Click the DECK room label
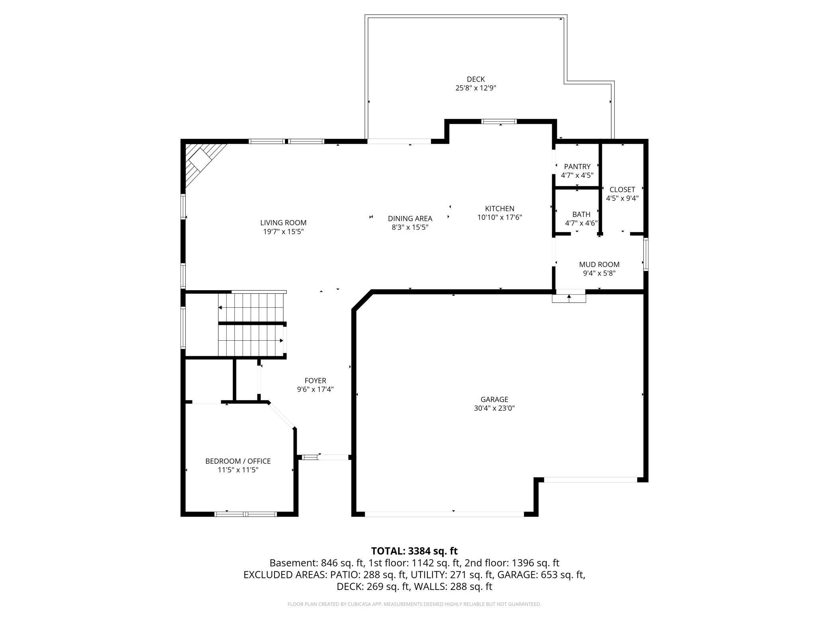coord(475,79)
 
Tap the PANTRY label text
coord(577,166)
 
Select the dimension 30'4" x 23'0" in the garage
coord(494,408)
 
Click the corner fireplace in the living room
coord(201,162)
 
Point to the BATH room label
coord(581,214)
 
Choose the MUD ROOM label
coord(599,264)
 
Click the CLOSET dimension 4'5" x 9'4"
coord(622,198)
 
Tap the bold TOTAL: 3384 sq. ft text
coord(414,551)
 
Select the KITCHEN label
coord(499,209)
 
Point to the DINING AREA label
coord(410,219)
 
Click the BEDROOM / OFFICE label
coord(238,461)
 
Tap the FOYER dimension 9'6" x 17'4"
coord(315,389)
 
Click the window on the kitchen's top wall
coord(499,121)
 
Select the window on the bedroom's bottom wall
coord(246,514)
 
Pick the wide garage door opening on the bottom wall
coord(444,514)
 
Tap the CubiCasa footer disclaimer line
coord(414,604)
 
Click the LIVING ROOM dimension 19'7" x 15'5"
coord(283,232)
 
